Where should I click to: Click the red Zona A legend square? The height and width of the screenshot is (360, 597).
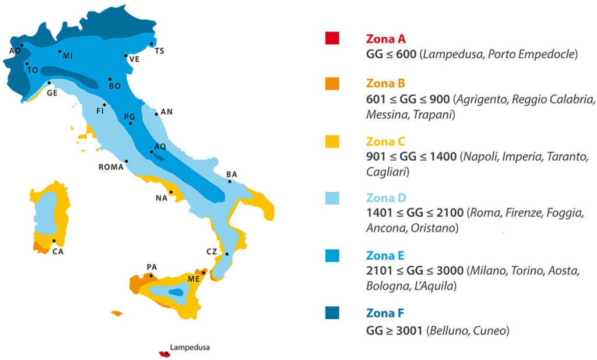coord(332,38)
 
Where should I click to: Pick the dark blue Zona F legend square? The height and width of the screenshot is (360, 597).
coord(332,313)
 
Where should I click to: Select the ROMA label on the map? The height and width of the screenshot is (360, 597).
coord(111,167)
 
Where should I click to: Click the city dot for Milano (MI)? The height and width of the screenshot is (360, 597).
coord(60,51)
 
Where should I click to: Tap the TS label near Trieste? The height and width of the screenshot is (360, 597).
coord(159,51)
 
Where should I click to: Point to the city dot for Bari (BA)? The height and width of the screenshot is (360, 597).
coord(229,181)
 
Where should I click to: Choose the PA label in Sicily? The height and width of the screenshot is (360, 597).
coord(152,267)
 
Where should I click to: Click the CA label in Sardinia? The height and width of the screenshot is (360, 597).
coord(58,252)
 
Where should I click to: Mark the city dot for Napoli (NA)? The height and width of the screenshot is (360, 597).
coord(171,192)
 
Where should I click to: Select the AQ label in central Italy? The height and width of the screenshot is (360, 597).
coord(160,146)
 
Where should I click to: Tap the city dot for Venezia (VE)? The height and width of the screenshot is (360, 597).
coord(126,56)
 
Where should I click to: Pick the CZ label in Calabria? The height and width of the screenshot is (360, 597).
coord(212,252)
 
